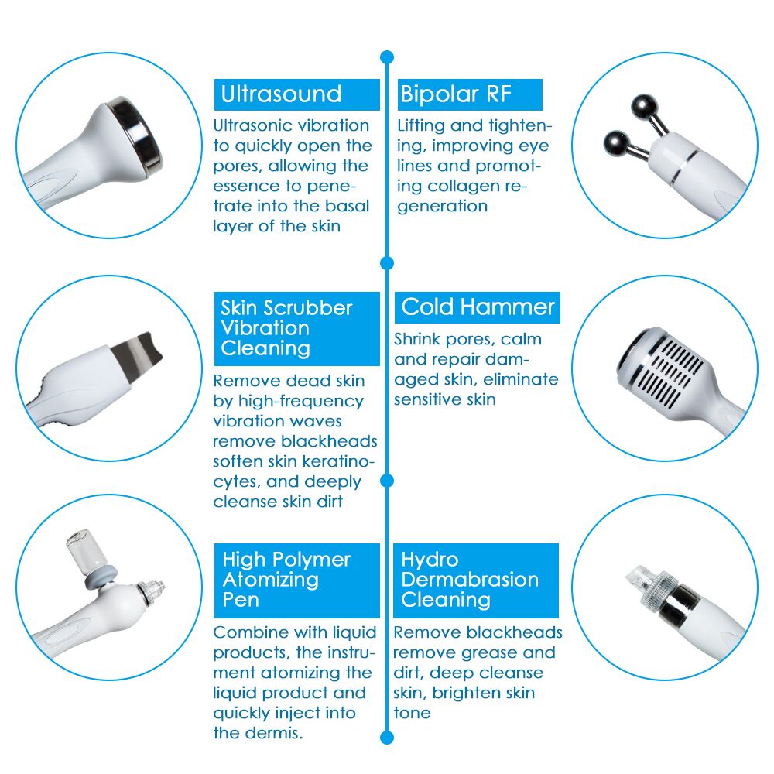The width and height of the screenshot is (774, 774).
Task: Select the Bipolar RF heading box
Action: pyautogui.click(x=456, y=94)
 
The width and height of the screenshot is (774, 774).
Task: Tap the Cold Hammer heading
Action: pyautogui.click(x=478, y=307)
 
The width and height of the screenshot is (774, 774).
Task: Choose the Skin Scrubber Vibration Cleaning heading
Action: pyautogui.click(x=286, y=328)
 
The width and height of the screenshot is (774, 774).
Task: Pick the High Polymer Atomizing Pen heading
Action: pyautogui.click(x=286, y=580)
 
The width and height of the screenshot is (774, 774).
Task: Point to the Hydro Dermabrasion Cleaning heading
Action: pyautogui.click(x=470, y=580)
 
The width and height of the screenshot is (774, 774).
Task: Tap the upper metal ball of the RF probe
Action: pyautogui.click(x=642, y=104)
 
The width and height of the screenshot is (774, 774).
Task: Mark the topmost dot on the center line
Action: pyautogui.click(x=387, y=57)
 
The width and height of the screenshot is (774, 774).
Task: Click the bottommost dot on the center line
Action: pyautogui.click(x=387, y=737)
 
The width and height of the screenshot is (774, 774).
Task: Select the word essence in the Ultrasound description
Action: pyautogui.click(x=248, y=186)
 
